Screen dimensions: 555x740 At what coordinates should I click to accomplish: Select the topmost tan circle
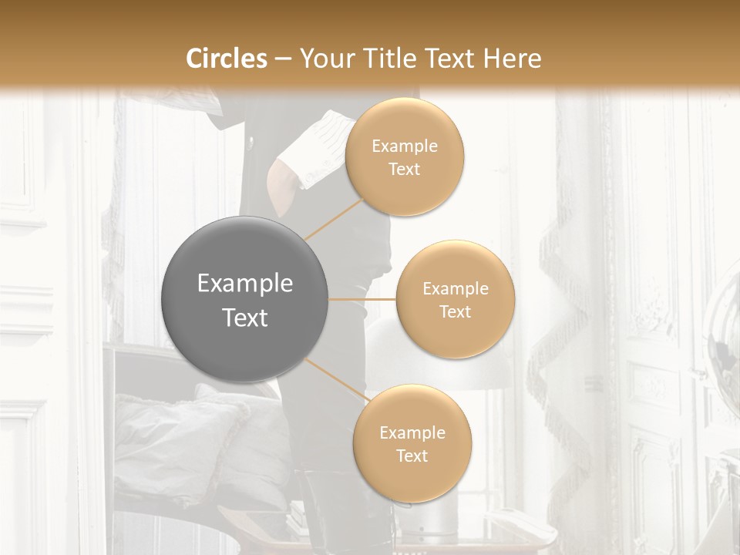(x=405, y=157)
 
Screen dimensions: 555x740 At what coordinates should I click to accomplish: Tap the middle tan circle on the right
(x=455, y=299)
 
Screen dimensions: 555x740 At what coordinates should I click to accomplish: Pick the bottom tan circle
(x=412, y=443)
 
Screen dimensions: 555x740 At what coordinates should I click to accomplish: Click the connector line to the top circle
(x=334, y=220)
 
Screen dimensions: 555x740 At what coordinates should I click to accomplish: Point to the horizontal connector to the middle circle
(x=362, y=299)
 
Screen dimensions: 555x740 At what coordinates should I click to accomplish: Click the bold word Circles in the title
(x=227, y=59)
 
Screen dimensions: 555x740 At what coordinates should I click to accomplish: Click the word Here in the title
(x=513, y=59)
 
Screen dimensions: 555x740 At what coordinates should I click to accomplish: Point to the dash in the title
(x=282, y=59)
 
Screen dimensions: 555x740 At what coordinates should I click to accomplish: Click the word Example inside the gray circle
(x=245, y=284)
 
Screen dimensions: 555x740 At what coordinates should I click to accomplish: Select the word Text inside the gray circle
(x=245, y=318)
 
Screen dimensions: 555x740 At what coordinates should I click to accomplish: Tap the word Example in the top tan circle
(x=405, y=146)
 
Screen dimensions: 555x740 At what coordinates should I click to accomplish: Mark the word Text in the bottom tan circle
(x=412, y=456)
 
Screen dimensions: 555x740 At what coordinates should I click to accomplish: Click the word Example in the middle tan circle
(x=455, y=289)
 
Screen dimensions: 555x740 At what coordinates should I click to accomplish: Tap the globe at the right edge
(x=725, y=324)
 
